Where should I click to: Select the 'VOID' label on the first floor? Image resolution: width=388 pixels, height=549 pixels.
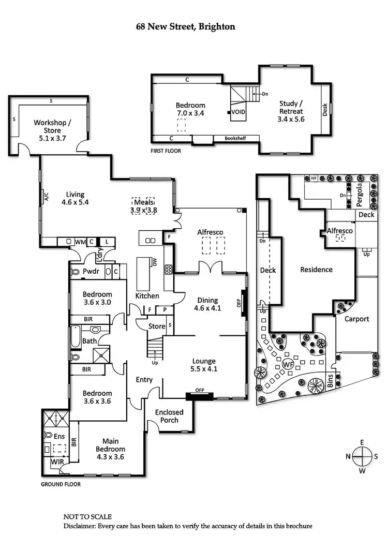[238, 112]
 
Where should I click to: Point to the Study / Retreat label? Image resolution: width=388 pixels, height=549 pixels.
[291, 111]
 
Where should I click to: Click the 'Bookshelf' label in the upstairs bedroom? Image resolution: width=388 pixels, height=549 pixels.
[237, 139]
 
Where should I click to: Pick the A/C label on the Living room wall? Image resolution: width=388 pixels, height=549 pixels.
[46, 197]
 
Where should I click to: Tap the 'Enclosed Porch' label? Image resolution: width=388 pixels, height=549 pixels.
[170, 416]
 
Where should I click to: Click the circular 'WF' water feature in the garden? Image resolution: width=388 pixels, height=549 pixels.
[288, 364]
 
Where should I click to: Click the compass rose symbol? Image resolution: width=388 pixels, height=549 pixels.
[362, 456]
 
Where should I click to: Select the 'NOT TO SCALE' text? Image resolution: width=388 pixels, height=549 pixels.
[87, 517]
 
